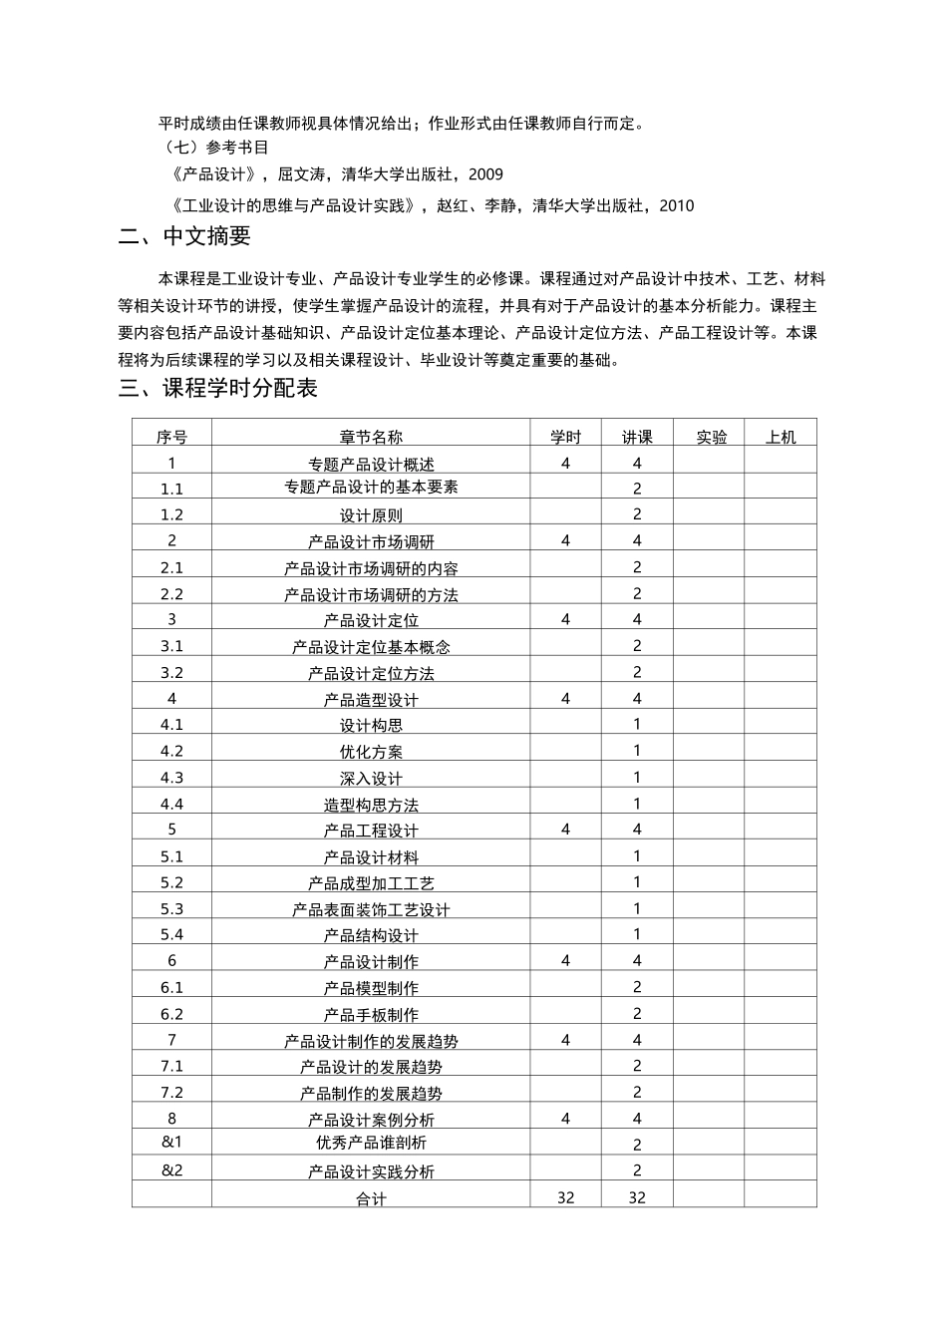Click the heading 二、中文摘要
(x=184, y=237)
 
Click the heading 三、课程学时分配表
(x=217, y=389)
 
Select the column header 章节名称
(x=371, y=437)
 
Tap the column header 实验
(x=712, y=437)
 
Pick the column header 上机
(x=781, y=437)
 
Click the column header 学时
(x=565, y=437)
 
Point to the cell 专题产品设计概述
(x=371, y=464)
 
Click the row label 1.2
(x=171, y=514)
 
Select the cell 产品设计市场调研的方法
(x=371, y=594)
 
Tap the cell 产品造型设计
(x=371, y=700)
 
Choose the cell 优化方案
(x=371, y=752)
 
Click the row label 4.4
(x=171, y=804)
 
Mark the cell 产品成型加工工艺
(x=371, y=883)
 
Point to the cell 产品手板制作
(x=371, y=1015)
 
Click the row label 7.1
(x=171, y=1066)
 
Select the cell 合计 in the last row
(x=371, y=1198)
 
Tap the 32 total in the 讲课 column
(x=637, y=1197)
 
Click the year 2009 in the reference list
(x=485, y=174)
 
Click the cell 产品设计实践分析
(x=371, y=1172)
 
